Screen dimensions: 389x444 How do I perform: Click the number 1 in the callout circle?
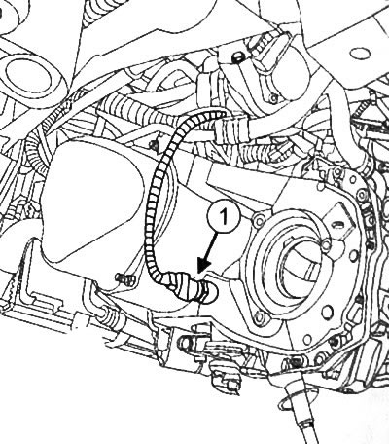[x=224, y=216]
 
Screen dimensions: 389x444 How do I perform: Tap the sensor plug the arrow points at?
[x=197, y=288]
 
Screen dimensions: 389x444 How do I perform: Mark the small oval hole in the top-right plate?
[x=360, y=53]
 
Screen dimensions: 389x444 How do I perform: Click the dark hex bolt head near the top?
[x=236, y=57]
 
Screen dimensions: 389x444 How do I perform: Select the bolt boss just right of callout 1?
[x=259, y=221]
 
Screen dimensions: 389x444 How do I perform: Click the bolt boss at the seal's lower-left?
[x=259, y=316]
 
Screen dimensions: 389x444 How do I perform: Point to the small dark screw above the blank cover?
[x=155, y=144]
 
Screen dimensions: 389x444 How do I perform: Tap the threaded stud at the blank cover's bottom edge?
[x=124, y=279]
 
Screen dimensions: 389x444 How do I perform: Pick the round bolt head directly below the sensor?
[x=184, y=344]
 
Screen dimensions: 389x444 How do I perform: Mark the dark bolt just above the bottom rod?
[x=296, y=361]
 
